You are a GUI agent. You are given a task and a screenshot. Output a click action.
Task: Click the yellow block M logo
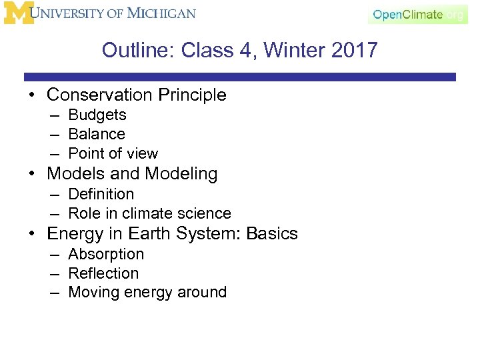pos(19,13)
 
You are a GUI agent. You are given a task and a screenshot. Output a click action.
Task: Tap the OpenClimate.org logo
pos(418,14)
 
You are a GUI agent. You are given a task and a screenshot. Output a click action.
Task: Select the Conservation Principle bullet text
pos(137,95)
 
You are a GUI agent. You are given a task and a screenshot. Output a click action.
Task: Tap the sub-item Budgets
pos(97,115)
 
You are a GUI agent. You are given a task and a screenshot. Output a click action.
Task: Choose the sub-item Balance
pos(97,134)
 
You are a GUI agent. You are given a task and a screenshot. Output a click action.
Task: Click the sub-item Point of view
pos(113,153)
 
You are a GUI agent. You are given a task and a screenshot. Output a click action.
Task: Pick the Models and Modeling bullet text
pos(132,174)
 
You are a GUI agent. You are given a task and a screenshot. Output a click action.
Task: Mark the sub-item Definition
pos(101,194)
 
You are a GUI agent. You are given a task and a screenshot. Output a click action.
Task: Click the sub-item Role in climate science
pos(149,213)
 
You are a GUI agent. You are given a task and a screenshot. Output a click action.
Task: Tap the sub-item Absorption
pos(106,254)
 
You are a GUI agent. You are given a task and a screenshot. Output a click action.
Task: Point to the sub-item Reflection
pos(103,273)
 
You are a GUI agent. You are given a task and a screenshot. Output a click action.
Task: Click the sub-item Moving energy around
pos(147,292)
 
